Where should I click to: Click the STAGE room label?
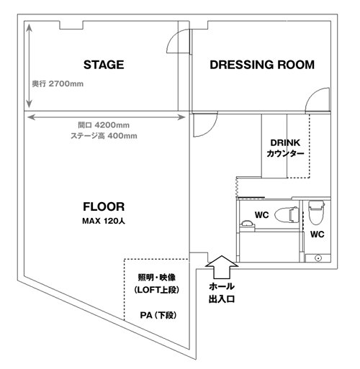point(104,65)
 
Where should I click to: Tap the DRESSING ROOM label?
point(262,65)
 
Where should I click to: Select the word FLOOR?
point(104,206)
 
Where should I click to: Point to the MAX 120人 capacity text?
point(104,221)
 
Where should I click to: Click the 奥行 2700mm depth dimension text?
point(58,83)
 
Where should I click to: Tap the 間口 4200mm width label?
point(104,125)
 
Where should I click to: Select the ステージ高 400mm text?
point(104,136)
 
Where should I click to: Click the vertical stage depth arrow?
point(29,65)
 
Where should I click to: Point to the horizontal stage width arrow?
point(107,117)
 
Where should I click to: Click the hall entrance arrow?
point(222,267)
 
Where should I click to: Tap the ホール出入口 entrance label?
point(222,293)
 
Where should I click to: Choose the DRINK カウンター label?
point(285,148)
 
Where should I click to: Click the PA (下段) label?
point(158,315)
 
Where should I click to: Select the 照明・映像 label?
point(157,278)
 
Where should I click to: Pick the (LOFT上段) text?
point(157,290)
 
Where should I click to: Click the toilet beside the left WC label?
point(287,214)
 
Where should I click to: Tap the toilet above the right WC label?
point(316,213)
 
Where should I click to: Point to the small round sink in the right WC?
point(318,258)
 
